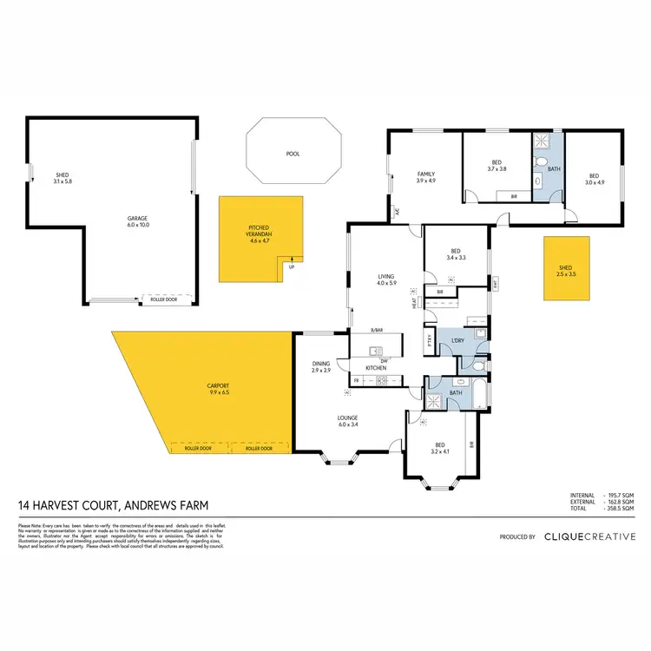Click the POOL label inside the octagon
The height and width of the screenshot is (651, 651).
(293, 154)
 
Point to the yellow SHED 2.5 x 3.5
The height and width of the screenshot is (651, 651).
(566, 270)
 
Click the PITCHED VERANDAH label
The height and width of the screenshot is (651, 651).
(260, 232)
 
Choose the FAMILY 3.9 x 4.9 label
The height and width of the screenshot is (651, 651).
(425, 177)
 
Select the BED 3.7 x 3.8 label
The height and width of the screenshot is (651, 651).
(496, 166)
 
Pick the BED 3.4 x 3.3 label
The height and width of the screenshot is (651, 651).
(456, 253)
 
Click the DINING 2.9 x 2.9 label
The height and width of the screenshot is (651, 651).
(322, 367)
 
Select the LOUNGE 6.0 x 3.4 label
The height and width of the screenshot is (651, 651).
(347, 423)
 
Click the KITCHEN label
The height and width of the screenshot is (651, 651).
(375, 368)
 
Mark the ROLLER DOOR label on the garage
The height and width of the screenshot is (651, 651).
(162, 299)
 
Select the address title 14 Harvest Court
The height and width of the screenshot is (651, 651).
(113, 505)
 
